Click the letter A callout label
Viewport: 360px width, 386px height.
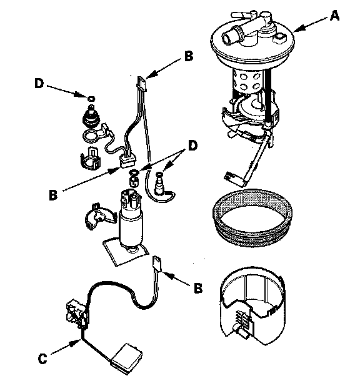pos(334,16)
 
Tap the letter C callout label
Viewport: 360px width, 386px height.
pos(42,359)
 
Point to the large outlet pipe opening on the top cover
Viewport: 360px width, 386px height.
pos(228,38)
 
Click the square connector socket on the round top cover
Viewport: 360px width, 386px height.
pos(279,37)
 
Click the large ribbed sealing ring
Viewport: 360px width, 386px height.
pos(253,217)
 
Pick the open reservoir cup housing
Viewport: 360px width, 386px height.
pos(253,305)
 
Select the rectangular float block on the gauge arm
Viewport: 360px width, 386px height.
pos(127,358)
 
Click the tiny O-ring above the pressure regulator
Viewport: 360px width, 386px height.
pos(91,99)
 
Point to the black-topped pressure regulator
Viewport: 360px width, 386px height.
pos(91,116)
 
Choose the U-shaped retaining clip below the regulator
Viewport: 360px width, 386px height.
pos(91,158)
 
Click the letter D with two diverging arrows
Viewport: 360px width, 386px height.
pos(192,146)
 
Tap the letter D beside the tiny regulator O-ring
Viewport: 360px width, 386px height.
pos(39,84)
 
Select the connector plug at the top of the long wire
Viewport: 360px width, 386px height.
pos(142,83)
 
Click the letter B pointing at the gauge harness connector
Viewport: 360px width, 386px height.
pos(198,288)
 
